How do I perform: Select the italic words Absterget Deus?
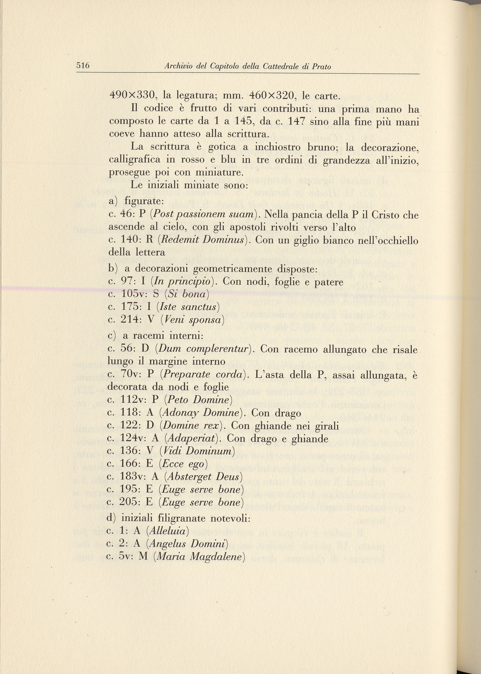click(203, 477)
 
